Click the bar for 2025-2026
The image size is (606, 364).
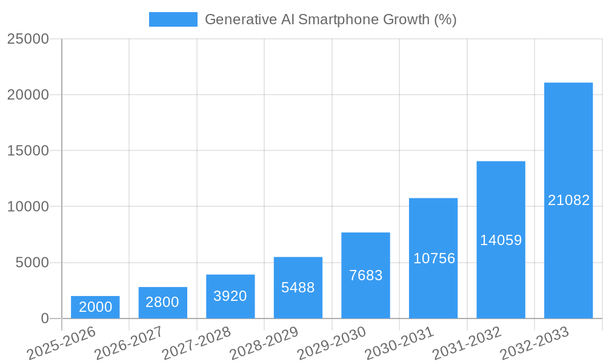click(x=95, y=308)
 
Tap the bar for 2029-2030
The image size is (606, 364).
click(x=365, y=275)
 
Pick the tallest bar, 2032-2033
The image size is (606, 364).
click(x=568, y=200)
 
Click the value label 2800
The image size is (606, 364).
click(x=162, y=302)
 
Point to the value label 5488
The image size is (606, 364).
click(x=298, y=288)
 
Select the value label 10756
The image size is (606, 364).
click(x=434, y=258)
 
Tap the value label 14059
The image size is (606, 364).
click(x=501, y=240)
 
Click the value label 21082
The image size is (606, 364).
click(x=568, y=200)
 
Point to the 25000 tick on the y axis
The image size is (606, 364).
click(x=28, y=39)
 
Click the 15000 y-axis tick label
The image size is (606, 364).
click(x=28, y=150)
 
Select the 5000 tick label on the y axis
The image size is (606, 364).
click(x=32, y=263)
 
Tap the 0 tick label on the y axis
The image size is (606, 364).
click(x=44, y=318)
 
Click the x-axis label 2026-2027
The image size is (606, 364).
click(x=129, y=343)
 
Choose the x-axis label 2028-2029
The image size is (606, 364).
click(x=264, y=343)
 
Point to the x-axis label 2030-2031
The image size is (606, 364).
click(x=399, y=343)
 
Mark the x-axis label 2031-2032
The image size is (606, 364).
click(x=467, y=343)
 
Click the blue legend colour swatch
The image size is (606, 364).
click(x=173, y=19)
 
